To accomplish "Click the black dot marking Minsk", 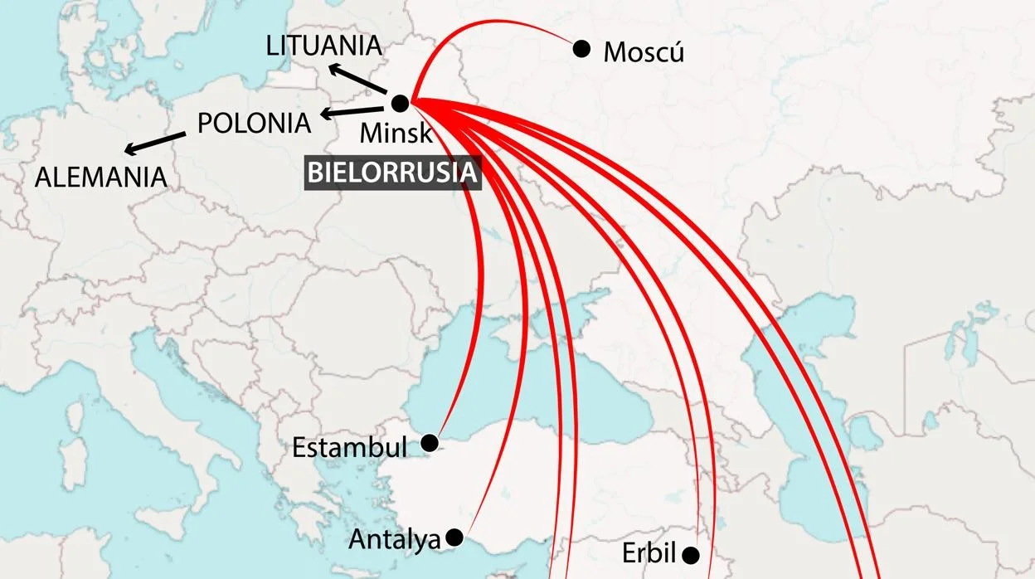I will [x=400, y=104].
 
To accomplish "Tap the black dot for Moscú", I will [x=582, y=49].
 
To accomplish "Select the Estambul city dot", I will [x=430, y=443].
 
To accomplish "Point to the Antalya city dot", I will [x=454, y=538].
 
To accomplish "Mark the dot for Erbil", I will [x=691, y=554].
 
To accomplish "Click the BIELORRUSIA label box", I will [x=393, y=173].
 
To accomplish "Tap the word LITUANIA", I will [x=324, y=46].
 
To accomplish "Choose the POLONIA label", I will [x=254, y=123].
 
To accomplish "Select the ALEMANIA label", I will [x=100, y=178].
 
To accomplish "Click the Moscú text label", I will [x=644, y=52].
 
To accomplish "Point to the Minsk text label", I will [x=396, y=133].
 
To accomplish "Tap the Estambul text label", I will [x=349, y=448].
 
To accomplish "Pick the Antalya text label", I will [x=394, y=540].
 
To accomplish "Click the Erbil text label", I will [x=649, y=554].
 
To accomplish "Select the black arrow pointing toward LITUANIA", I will [x=357, y=79].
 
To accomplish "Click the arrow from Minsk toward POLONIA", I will [x=352, y=111].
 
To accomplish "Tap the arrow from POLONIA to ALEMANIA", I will [x=155, y=143].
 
